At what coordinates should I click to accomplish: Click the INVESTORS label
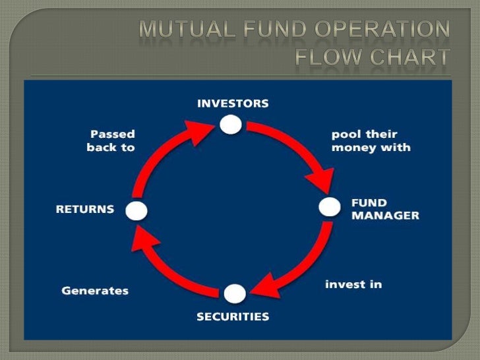(x=233, y=104)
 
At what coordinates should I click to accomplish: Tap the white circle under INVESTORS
(x=231, y=124)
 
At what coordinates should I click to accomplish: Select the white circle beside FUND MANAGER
(x=329, y=207)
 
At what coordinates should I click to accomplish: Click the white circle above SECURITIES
(x=235, y=293)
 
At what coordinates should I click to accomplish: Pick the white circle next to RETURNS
(x=136, y=210)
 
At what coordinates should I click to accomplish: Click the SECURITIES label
(x=233, y=317)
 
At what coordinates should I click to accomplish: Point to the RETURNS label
(x=85, y=210)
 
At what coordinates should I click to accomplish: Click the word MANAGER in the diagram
(x=385, y=216)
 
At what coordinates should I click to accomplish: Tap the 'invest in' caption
(x=353, y=285)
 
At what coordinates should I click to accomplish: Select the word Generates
(x=95, y=290)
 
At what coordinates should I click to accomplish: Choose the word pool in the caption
(x=345, y=135)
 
